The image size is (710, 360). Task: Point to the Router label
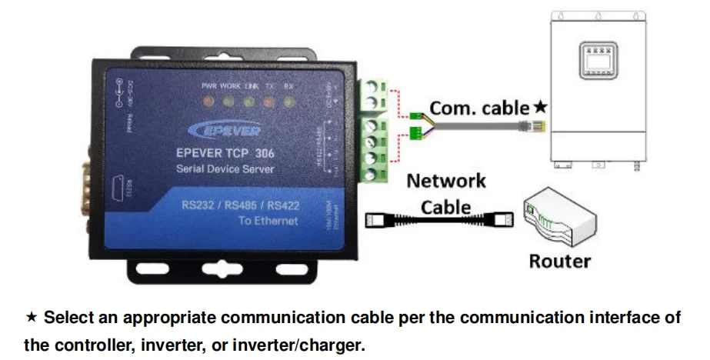click(x=559, y=261)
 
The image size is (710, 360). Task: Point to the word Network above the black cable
click(x=446, y=181)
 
